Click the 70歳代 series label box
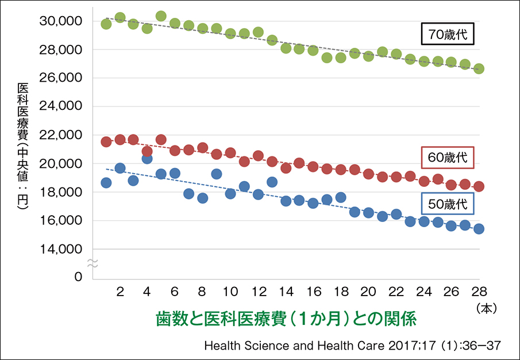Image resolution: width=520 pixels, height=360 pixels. coord(448,35)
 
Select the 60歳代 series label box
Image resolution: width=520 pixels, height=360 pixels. coord(448,157)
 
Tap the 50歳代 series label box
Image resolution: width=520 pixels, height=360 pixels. coord(448,202)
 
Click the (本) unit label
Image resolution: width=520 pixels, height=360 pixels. coord(486,308)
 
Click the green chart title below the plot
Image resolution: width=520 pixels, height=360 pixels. coord(285,318)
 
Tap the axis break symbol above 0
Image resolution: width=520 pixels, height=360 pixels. coord(92,263)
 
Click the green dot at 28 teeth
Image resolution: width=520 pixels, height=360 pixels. coord(479,68)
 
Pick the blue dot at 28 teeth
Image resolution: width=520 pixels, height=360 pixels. coord(479,229)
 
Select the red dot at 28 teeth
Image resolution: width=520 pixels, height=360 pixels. coord(479,186)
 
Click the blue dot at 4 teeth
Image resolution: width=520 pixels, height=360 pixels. coord(147,159)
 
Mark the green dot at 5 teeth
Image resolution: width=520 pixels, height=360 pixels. coord(161,16)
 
